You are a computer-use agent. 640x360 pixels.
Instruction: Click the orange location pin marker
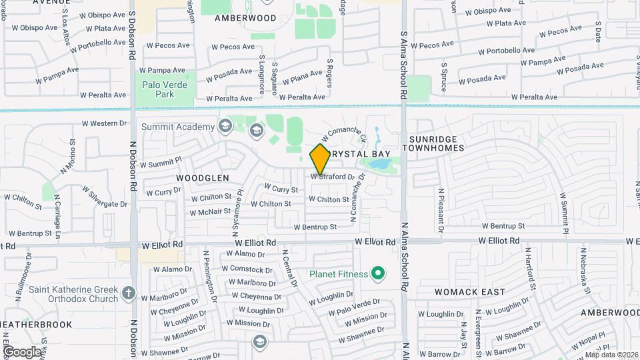click(320, 159)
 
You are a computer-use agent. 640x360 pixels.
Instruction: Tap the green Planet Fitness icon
click(379, 273)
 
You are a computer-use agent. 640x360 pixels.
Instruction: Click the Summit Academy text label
click(178, 127)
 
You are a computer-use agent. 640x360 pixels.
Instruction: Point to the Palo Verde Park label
click(165, 89)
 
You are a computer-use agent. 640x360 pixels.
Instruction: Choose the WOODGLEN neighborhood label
click(203, 178)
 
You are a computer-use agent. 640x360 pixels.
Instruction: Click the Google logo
click(22, 351)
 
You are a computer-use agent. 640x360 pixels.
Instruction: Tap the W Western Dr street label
click(104, 123)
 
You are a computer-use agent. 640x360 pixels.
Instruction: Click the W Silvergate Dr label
click(105, 198)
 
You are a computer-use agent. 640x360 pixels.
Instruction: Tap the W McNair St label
click(211, 213)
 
